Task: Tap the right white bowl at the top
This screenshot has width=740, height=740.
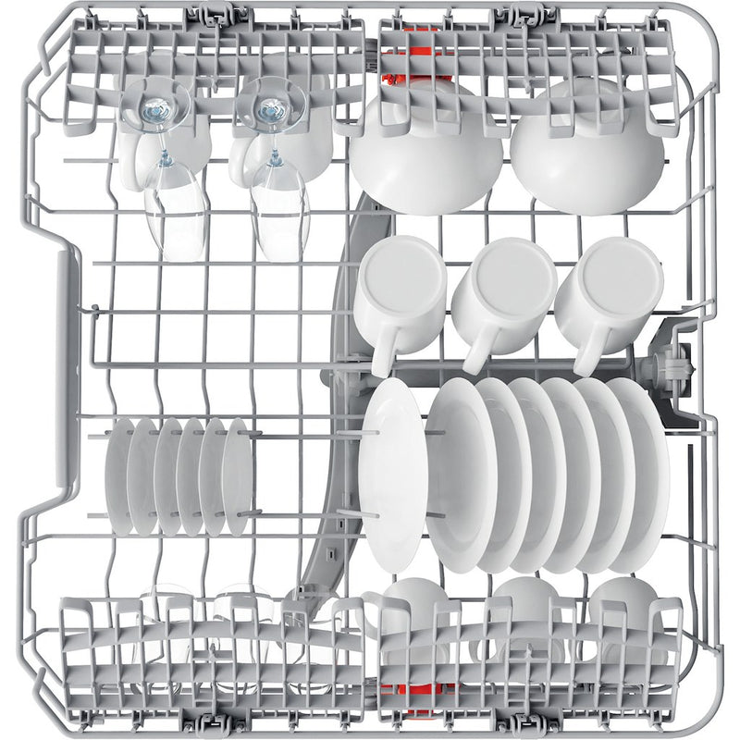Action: point(587,148)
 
